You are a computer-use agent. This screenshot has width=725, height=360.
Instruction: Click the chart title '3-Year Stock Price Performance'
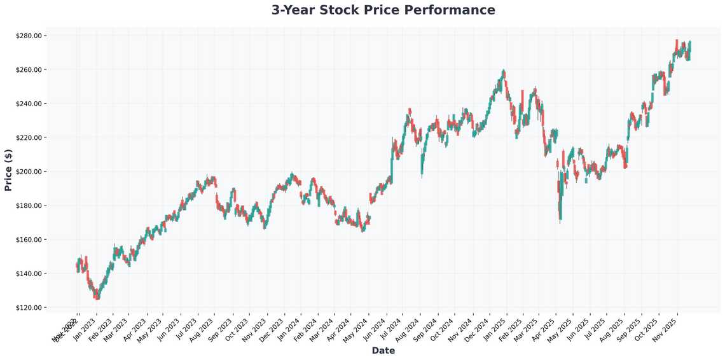point(383,10)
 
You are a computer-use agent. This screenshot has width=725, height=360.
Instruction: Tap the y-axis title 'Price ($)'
point(8,171)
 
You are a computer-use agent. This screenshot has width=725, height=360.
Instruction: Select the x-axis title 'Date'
point(383,350)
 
